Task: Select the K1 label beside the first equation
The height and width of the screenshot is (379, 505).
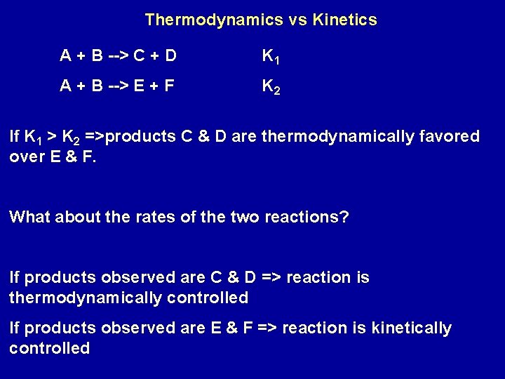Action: click(x=271, y=56)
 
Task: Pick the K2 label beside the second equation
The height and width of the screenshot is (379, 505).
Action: click(x=271, y=88)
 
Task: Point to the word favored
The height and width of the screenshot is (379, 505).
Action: click(x=447, y=136)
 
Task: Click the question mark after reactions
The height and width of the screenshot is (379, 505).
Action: click(x=344, y=217)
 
